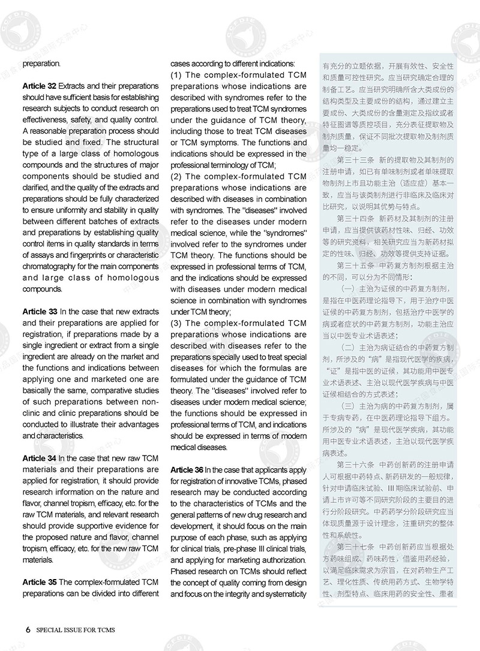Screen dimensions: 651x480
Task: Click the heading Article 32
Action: click(x=40, y=86)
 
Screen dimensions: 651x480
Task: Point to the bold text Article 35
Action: click(x=40, y=582)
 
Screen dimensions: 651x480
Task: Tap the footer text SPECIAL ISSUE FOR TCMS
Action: click(x=76, y=630)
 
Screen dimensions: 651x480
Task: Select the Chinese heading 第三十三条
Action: click(x=358, y=159)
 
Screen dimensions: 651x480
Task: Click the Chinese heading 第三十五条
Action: click(x=358, y=266)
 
